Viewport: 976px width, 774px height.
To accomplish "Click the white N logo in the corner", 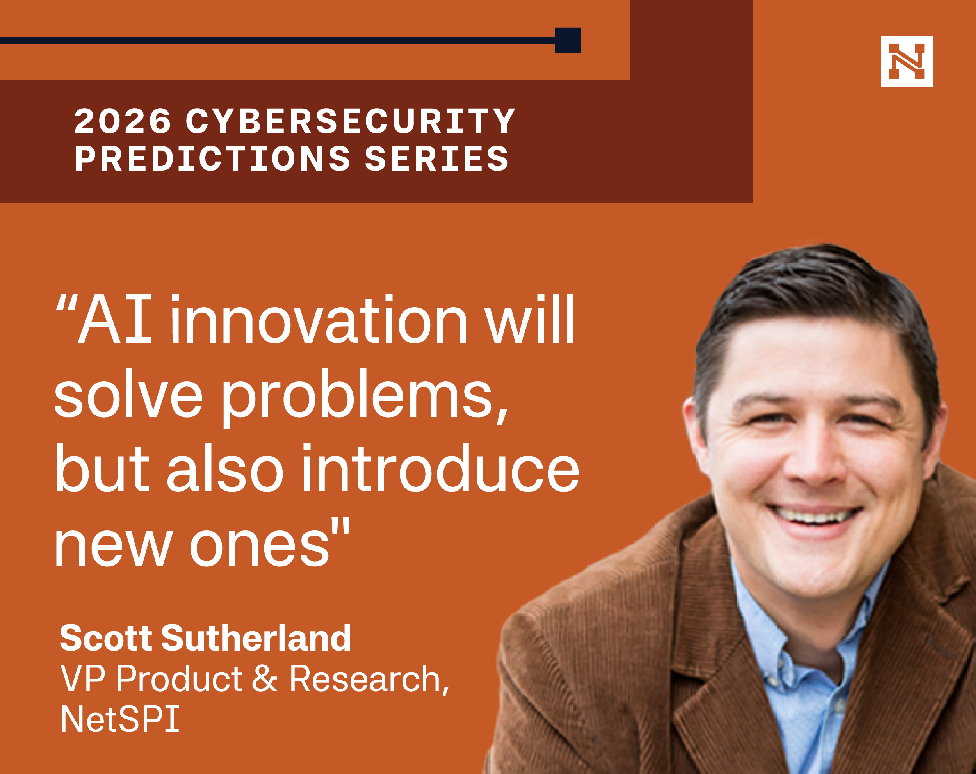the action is pyautogui.click(x=907, y=61).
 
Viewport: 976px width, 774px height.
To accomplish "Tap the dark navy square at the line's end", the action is pyautogui.click(x=568, y=40).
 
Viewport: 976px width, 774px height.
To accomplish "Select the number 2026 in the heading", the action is pyautogui.click(x=123, y=121).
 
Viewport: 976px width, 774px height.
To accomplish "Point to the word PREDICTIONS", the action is pyautogui.click(x=213, y=158).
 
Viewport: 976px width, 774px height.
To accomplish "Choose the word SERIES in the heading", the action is pyautogui.click(x=437, y=158).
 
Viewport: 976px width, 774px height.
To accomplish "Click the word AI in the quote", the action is pyautogui.click(x=115, y=319).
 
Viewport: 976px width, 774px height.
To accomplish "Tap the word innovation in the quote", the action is pyautogui.click(x=319, y=319).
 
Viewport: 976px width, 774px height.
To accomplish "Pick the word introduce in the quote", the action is pyautogui.click(x=440, y=468).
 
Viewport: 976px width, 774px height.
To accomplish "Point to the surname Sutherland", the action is pyautogui.click(x=256, y=638).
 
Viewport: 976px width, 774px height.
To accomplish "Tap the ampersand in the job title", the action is pyautogui.click(x=264, y=678).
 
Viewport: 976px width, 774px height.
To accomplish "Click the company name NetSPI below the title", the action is pyautogui.click(x=120, y=719).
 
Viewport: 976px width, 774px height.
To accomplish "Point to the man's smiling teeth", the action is pyautogui.click(x=815, y=515).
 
